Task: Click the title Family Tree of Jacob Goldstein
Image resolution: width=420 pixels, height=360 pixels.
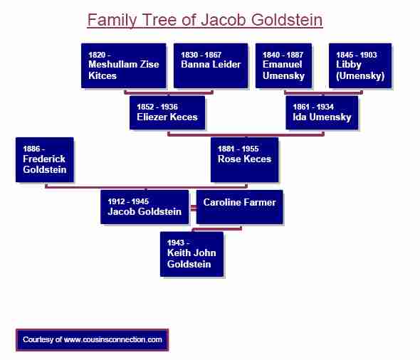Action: [x=205, y=19]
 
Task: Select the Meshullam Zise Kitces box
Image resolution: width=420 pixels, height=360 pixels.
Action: [x=124, y=65]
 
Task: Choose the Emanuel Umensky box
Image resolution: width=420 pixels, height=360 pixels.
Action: [x=283, y=65]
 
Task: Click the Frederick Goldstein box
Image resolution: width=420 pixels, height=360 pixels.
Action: [x=44, y=159]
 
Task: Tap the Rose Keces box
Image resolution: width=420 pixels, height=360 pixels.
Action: [x=244, y=159]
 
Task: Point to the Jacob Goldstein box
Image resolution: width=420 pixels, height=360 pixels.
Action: [x=145, y=207]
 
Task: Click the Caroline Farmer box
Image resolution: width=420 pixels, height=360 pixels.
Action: [x=239, y=207]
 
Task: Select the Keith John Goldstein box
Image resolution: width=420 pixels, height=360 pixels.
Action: [x=191, y=253]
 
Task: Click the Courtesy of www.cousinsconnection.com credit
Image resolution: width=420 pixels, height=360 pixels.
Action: [x=93, y=340]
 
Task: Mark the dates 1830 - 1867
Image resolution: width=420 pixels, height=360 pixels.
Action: [x=201, y=55]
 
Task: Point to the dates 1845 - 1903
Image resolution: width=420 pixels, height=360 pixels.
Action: [x=356, y=55]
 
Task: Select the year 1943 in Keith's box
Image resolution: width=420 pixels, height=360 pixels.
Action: [x=177, y=243]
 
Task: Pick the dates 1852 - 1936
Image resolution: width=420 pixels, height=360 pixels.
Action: [x=157, y=107]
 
